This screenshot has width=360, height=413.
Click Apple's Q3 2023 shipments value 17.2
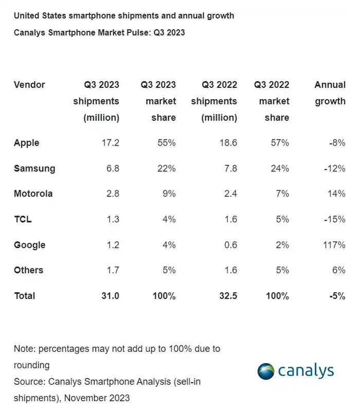click(x=109, y=143)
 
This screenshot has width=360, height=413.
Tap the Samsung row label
click(x=34, y=169)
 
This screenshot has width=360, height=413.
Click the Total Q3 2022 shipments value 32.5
click(x=226, y=296)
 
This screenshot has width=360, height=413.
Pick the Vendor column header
click(x=29, y=85)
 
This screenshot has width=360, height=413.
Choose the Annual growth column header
click(x=330, y=93)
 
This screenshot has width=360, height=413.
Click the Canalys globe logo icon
click(x=266, y=371)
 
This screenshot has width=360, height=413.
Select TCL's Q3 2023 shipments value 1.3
click(x=111, y=220)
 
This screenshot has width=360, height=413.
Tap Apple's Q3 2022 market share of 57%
click(x=280, y=143)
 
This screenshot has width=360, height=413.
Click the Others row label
click(x=28, y=271)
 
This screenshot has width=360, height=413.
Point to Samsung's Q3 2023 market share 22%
click(x=166, y=169)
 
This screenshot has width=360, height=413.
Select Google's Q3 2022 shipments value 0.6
click(x=229, y=245)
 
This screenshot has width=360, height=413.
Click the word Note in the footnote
click(x=24, y=349)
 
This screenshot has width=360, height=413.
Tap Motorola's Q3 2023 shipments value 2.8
click(x=111, y=194)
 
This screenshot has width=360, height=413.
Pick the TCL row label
click(x=23, y=220)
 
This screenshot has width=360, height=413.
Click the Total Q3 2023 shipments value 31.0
click(x=109, y=296)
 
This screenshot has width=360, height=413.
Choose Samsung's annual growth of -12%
click(x=334, y=169)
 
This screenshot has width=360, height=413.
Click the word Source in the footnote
click(x=29, y=382)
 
